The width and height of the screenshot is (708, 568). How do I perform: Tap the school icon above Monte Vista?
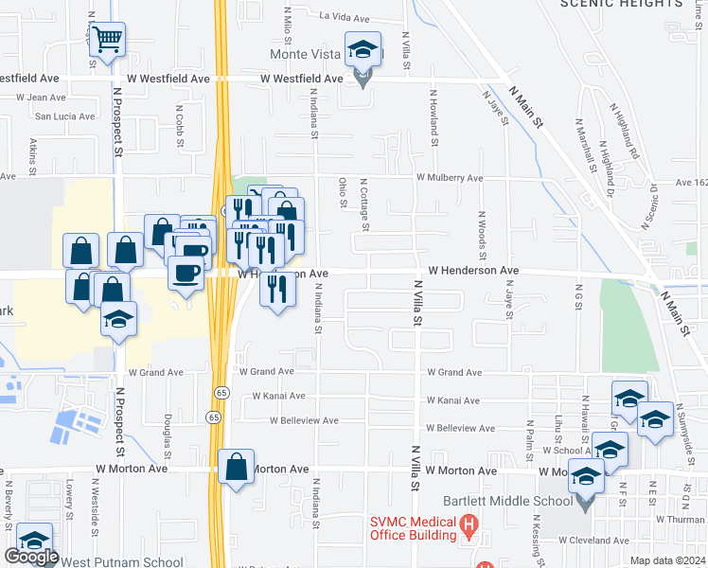pos(362,49)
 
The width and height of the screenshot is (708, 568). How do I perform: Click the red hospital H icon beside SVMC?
pos(467,524)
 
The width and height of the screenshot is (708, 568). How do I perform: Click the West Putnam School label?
pos(122,561)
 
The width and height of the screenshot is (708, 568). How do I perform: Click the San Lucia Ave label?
pos(65,116)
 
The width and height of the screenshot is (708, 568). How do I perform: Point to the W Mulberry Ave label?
pos(449,177)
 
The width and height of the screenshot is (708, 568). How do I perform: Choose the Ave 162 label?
pos(691,183)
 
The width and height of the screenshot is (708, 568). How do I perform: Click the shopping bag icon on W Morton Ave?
pos(235,467)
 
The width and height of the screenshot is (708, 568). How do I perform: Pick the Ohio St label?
pos(341,189)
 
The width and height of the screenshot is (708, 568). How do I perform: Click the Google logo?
pos(31,557)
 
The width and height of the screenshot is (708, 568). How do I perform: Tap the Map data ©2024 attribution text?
pos(666,560)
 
